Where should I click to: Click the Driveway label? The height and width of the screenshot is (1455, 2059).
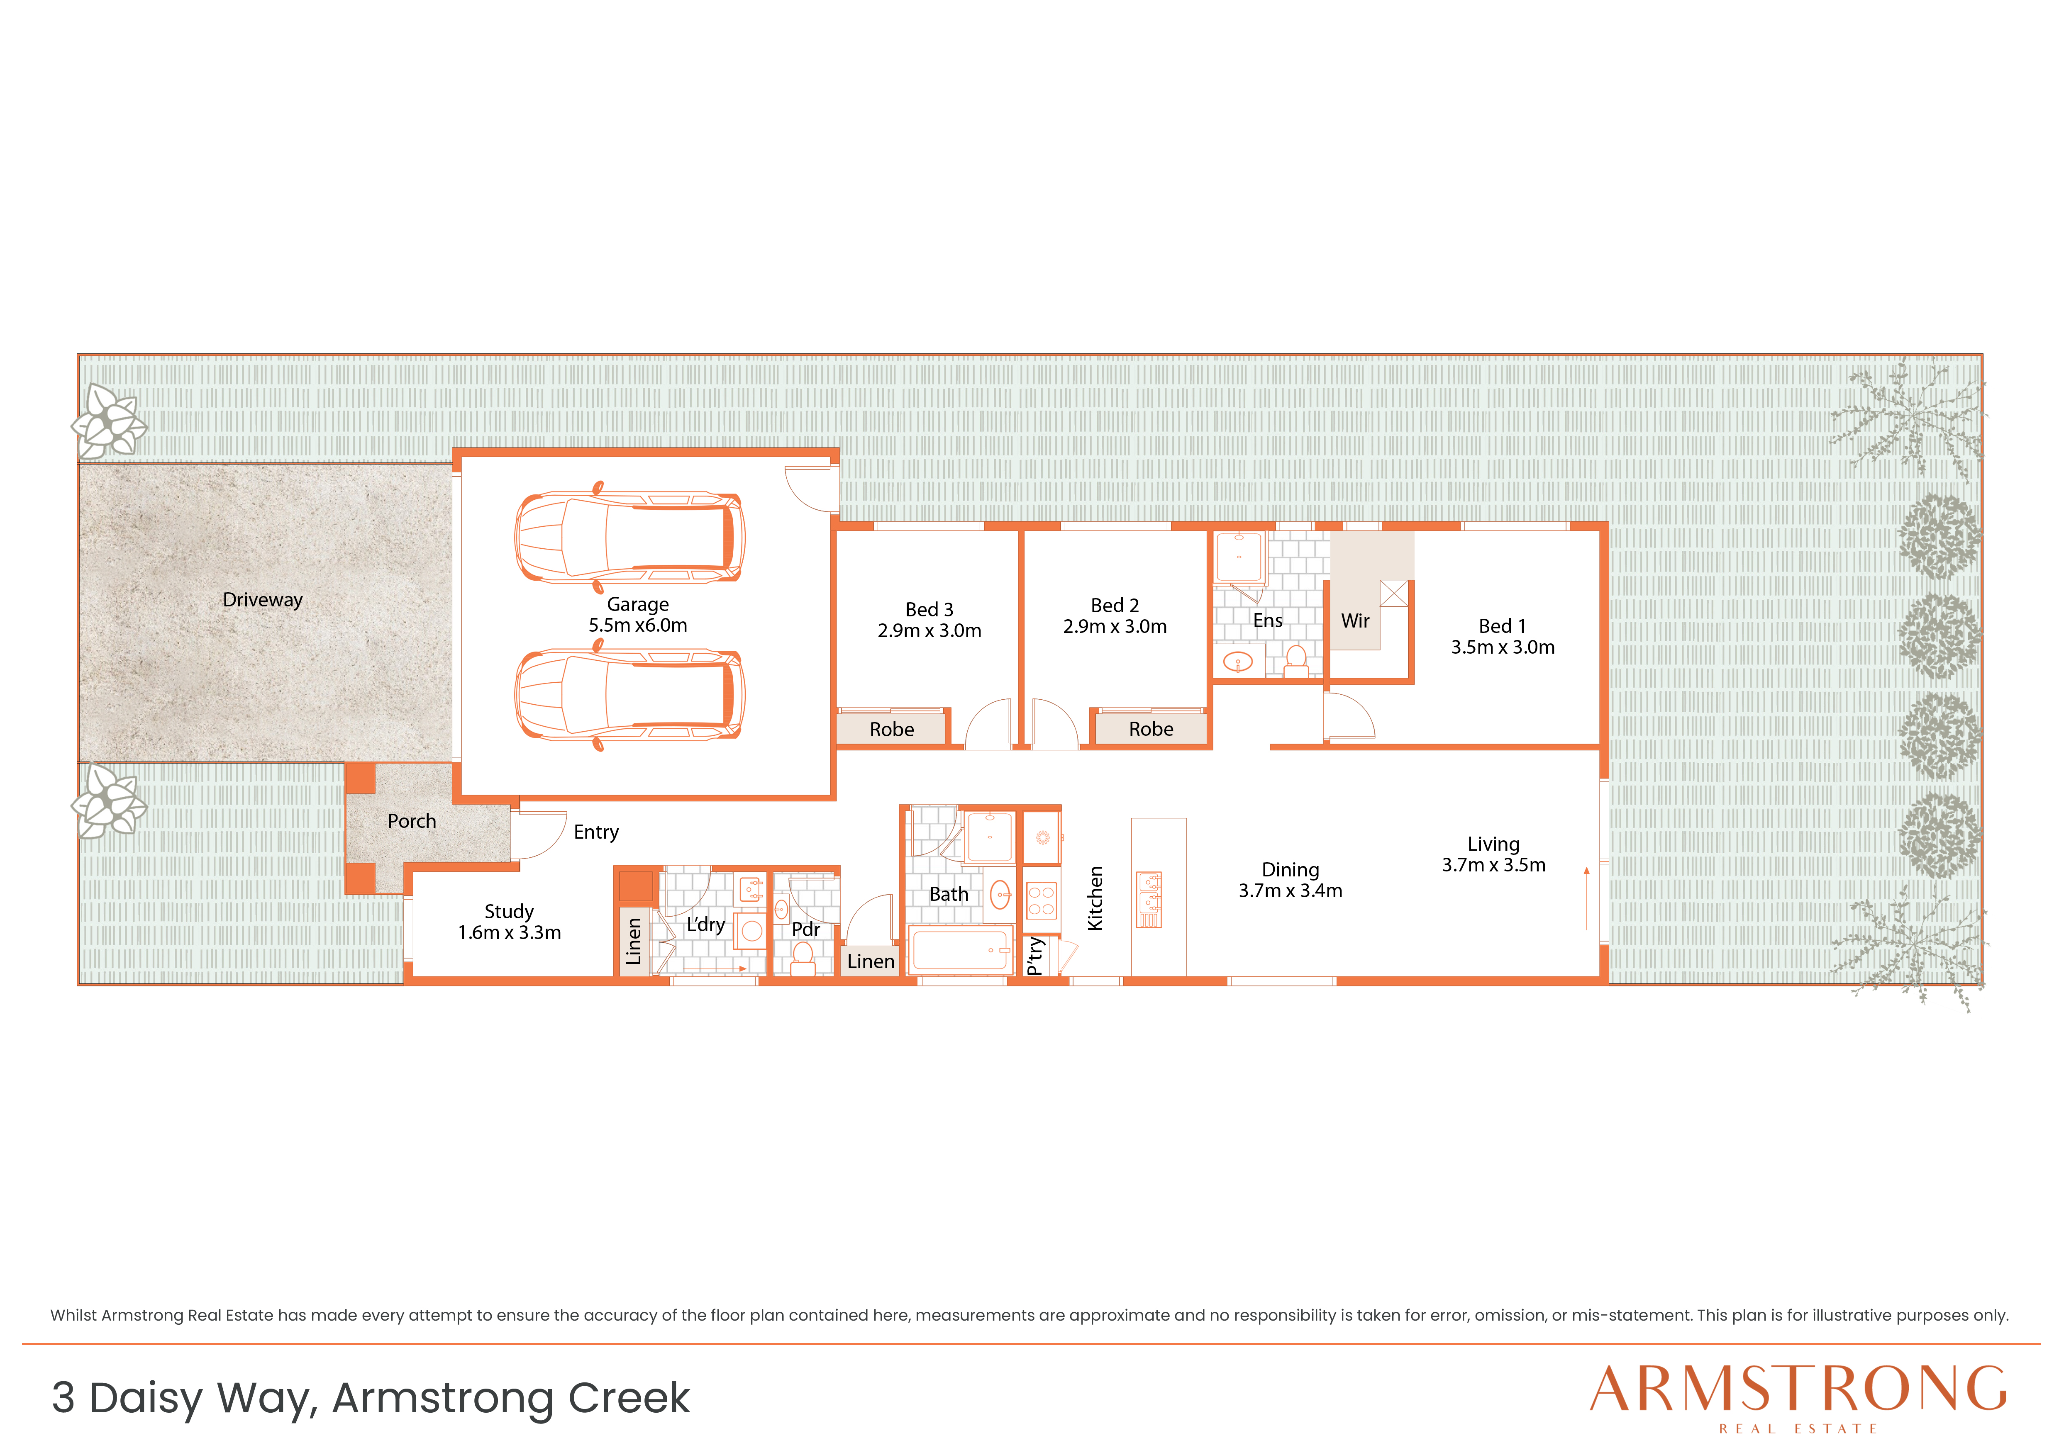point(263,600)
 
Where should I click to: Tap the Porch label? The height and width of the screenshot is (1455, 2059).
point(412,821)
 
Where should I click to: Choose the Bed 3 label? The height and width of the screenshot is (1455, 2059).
point(929,610)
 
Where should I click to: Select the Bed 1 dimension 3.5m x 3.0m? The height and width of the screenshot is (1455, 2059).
point(1503,647)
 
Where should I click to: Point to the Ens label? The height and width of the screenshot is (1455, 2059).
point(1268,620)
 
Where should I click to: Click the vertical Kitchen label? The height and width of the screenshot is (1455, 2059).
point(1095,898)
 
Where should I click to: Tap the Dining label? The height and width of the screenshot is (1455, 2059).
point(1291,870)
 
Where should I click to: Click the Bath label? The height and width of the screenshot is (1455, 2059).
point(949,895)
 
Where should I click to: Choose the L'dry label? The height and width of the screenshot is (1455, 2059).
point(706,924)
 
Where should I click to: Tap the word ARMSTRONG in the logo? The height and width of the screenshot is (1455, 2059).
point(1799,1389)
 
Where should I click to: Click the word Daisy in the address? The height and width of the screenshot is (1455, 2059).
point(146,1399)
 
